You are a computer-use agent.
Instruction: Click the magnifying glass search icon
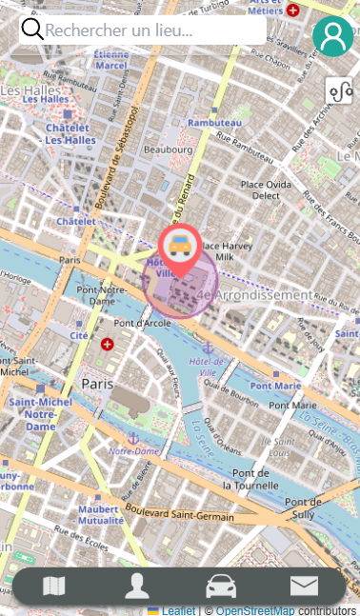tap(32, 30)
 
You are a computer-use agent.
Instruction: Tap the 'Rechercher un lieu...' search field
tap(152, 30)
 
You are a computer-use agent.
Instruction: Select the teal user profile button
tap(332, 36)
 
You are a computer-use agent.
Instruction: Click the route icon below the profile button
tap(340, 91)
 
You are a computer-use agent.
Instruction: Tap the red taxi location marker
tap(179, 248)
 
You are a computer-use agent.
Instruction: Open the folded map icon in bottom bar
tap(54, 586)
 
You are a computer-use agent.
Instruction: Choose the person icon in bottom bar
tap(137, 586)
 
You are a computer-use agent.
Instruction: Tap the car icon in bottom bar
tap(221, 586)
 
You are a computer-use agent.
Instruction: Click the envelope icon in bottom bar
tap(304, 586)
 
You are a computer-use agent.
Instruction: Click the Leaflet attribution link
tap(177, 610)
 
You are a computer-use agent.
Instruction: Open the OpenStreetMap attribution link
tap(254, 610)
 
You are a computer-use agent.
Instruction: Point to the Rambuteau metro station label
tap(214, 123)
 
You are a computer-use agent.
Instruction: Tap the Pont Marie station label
tap(275, 386)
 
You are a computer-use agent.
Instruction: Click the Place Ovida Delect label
tap(266, 189)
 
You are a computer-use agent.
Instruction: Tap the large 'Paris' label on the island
tap(97, 383)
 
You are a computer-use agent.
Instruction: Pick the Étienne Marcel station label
tap(111, 60)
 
